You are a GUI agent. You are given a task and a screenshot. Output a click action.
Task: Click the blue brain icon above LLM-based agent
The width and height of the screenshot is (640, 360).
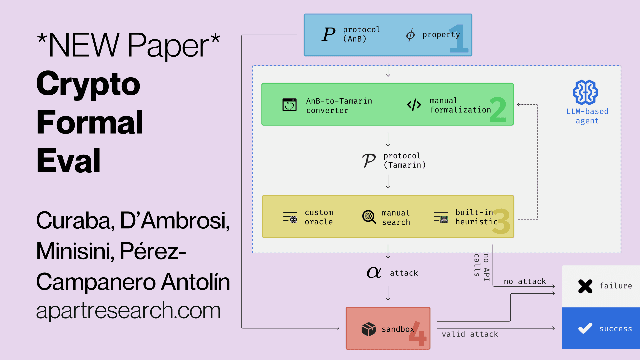[x=585, y=92]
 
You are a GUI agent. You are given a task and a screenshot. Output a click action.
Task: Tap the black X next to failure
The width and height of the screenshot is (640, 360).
[x=585, y=286]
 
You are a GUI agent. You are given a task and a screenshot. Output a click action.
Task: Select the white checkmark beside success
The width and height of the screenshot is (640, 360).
[x=585, y=329]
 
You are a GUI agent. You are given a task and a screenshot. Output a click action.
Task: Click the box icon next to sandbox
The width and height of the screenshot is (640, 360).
[x=368, y=329]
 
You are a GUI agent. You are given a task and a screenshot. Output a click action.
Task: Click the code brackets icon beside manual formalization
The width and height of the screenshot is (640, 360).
[x=414, y=105]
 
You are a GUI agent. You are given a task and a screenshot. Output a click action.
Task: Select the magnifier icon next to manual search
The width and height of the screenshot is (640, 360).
[x=369, y=217]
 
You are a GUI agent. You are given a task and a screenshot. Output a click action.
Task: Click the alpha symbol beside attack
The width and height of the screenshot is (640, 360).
[x=374, y=272]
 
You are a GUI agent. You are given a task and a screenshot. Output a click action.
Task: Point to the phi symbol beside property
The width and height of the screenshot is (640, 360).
[x=410, y=35]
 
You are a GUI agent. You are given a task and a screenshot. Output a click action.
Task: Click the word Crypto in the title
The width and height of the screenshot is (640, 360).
[x=88, y=84]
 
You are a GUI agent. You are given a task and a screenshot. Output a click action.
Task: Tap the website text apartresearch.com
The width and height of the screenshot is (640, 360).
[x=128, y=310]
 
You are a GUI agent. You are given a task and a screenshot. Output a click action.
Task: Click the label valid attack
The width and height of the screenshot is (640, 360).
[x=470, y=334]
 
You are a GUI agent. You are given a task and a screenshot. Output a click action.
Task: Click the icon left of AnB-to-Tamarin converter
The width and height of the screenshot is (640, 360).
[x=289, y=105]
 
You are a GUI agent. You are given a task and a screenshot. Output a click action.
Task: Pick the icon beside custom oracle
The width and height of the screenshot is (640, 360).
[x=290, y=217]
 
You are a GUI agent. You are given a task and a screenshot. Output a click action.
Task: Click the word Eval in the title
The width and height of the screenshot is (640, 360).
[x=69, y=161]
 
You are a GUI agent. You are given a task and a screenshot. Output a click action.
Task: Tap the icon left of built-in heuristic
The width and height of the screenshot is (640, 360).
[x=441, y=217]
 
